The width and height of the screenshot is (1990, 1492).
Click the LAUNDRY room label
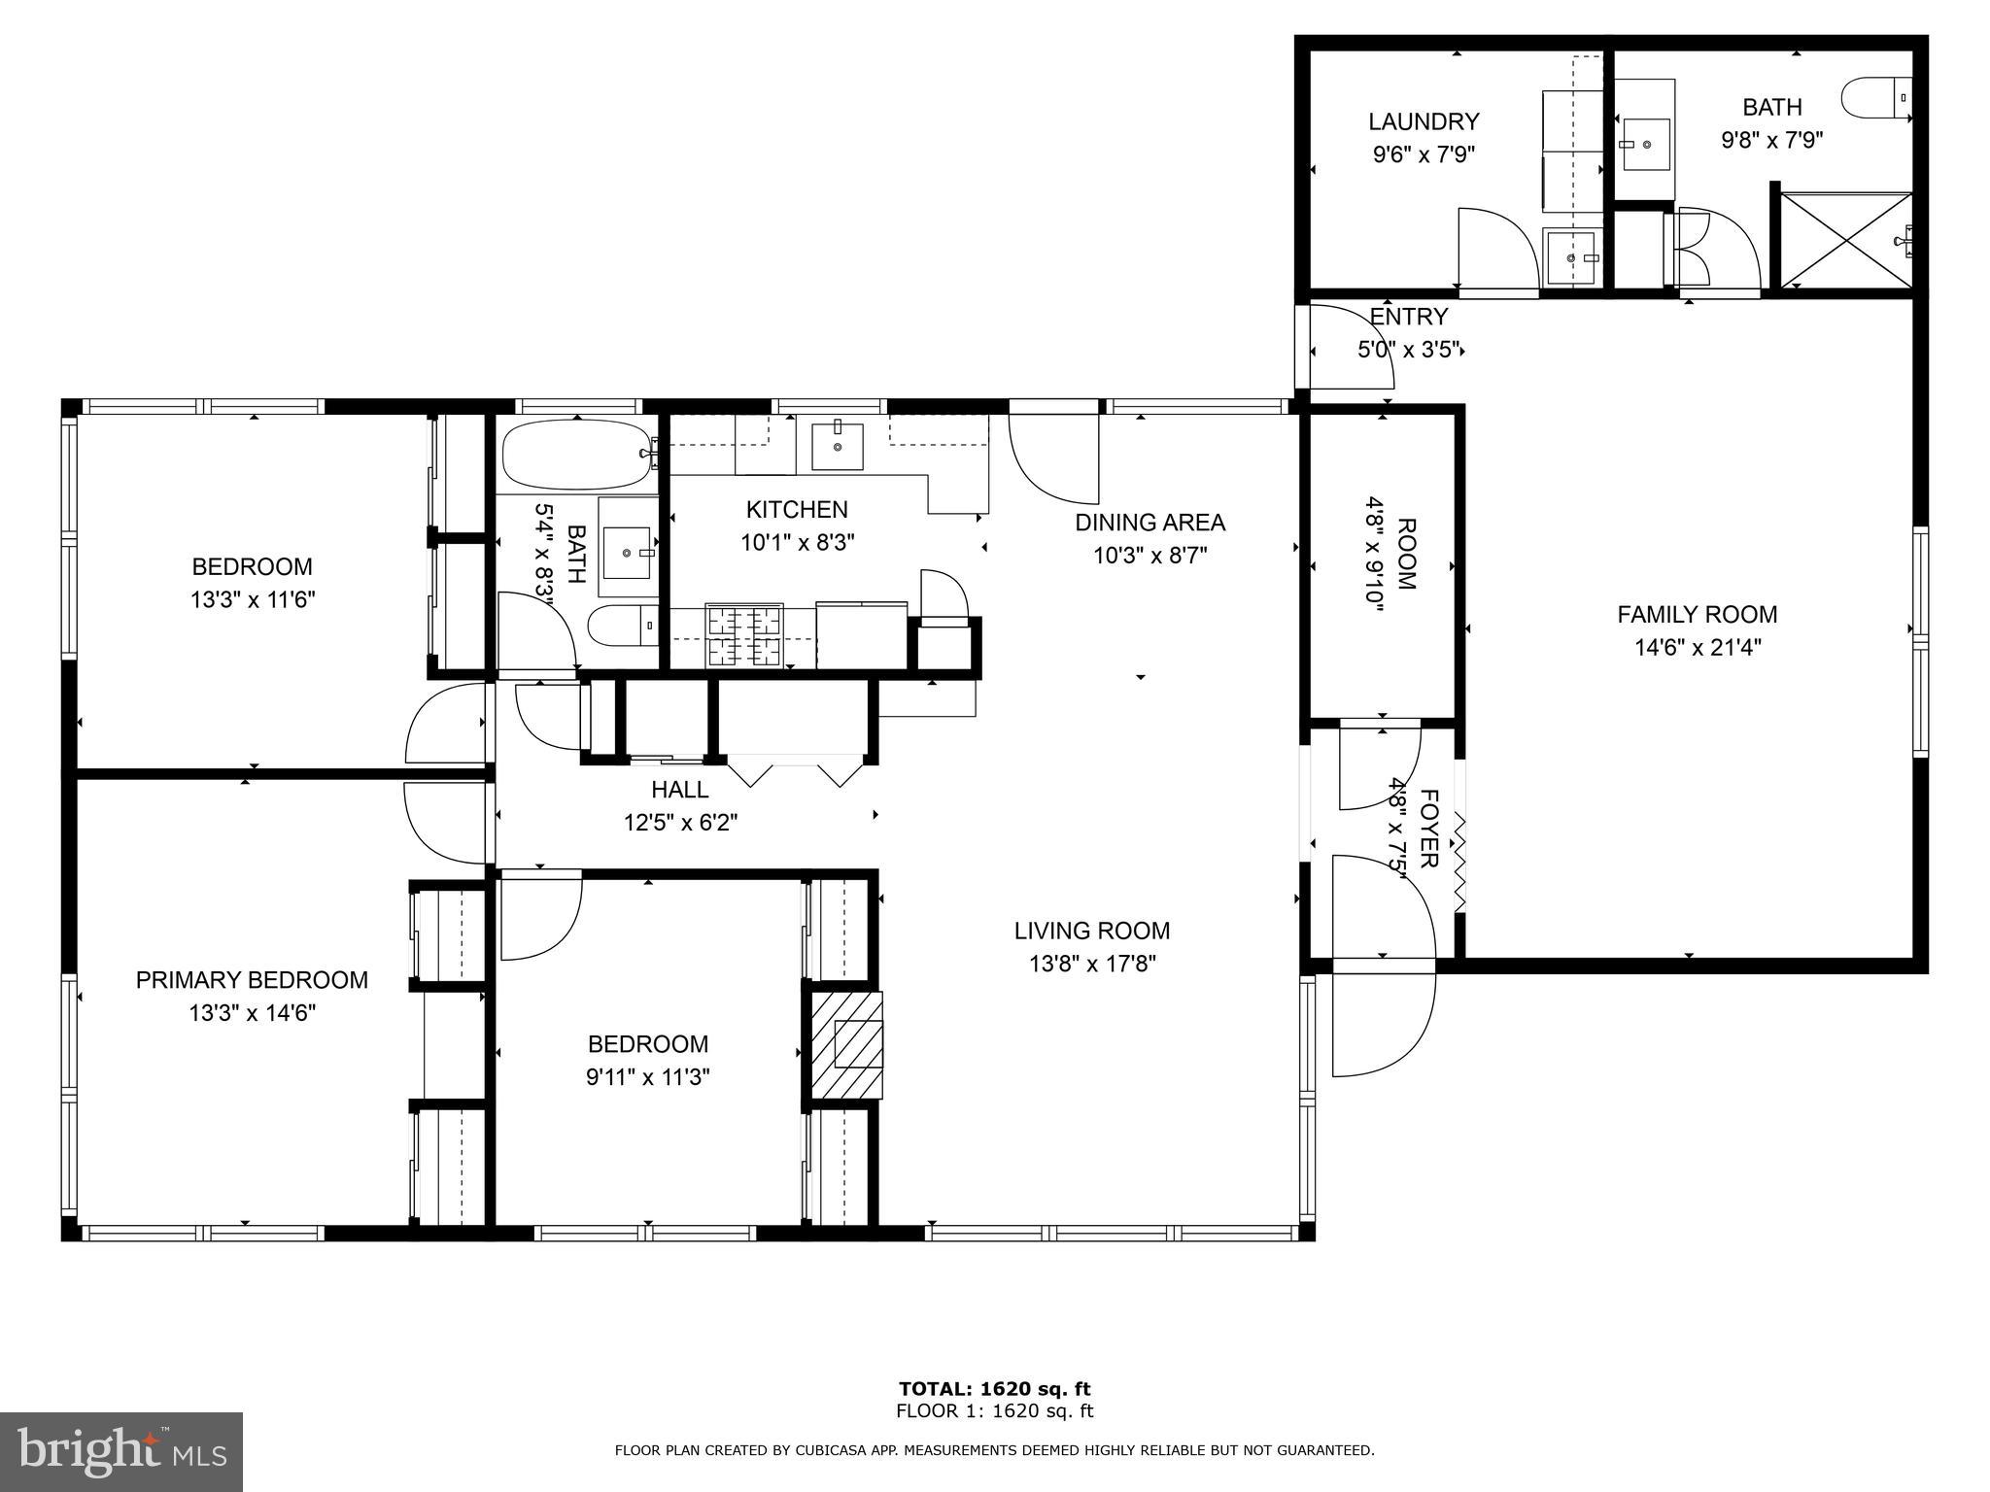(x=1424, y=121)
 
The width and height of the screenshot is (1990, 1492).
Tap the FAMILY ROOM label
(x=1698, y=614)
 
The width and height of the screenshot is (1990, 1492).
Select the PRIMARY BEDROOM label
(x=252, y=980)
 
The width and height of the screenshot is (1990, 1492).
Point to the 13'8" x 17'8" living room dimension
(x=1092, y=964)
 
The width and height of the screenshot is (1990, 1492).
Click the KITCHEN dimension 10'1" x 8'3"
(x=797, y=542)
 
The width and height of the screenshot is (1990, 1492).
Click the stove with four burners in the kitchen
(x=744, y=635)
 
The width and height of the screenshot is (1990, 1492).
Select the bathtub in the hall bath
(x=577, y=455)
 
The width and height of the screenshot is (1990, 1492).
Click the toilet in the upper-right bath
(x=1875, y=98)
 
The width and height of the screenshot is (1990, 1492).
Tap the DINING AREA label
(x=1149, y=523)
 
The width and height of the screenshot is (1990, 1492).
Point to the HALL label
(x=680, y=790)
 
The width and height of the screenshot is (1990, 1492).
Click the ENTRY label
(x=1409, y=317)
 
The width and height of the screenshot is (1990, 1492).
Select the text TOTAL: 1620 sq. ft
(x=995, y=1389)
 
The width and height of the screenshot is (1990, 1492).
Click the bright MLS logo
(x=121, y=1452)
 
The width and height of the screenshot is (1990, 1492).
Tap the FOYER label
(x=1428, y=829)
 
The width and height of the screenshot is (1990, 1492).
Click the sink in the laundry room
(x=1571, y=257)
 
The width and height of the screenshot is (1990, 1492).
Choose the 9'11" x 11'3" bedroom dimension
(x=648, y=1077)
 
